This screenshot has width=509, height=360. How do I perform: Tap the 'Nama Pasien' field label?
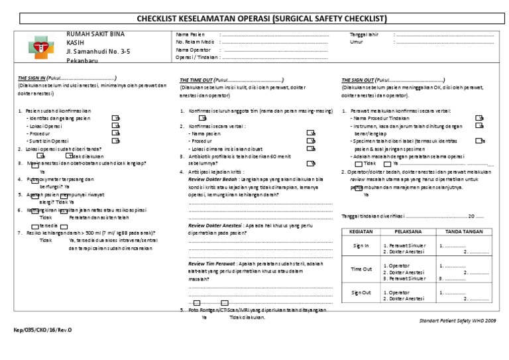[x=191, y=34]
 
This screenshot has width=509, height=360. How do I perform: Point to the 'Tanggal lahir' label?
[x=365, y=34]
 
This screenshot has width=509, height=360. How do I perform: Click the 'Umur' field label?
[x=357, y=42]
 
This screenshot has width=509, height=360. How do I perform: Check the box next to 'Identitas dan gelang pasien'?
[x=115, y=117]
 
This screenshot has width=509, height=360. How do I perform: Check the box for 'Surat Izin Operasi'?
[x=115, y=141]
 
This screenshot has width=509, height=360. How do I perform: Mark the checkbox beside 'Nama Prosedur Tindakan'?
[x=479, y=117]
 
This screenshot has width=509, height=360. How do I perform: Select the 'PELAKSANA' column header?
[x=406, y=232]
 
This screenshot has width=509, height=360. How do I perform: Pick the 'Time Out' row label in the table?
[x=361, y=269]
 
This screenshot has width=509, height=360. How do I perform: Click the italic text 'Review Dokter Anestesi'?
[x=214, y=225]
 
